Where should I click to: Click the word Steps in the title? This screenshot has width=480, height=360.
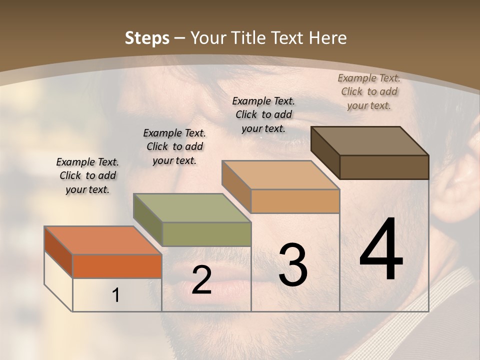[x=146, y=38]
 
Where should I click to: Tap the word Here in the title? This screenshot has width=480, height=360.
[x=328, y=38]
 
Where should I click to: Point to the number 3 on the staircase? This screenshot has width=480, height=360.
[x=292, y=264]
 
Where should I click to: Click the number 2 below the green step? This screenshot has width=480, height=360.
[x=201, y=280]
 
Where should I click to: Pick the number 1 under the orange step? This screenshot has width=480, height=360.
[x=115, y=295]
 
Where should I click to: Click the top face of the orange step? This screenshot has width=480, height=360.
[x=103, y=240]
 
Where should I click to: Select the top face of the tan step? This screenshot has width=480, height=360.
[x=280, y=175]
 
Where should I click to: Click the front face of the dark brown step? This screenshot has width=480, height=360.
[x=384, y=167]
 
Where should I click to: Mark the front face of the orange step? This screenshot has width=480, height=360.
[x=117, y=266]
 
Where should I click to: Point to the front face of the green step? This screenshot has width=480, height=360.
[x=206, y=234]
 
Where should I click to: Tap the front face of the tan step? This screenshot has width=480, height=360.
[x=295, y=201]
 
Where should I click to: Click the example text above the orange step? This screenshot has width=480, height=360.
[x=87, y=175]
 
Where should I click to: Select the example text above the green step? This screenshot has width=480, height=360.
[x=174, y=146]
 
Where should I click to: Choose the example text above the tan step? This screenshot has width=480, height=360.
[x=263, y=114]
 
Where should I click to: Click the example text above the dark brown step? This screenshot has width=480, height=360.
[x=369, y=91]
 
